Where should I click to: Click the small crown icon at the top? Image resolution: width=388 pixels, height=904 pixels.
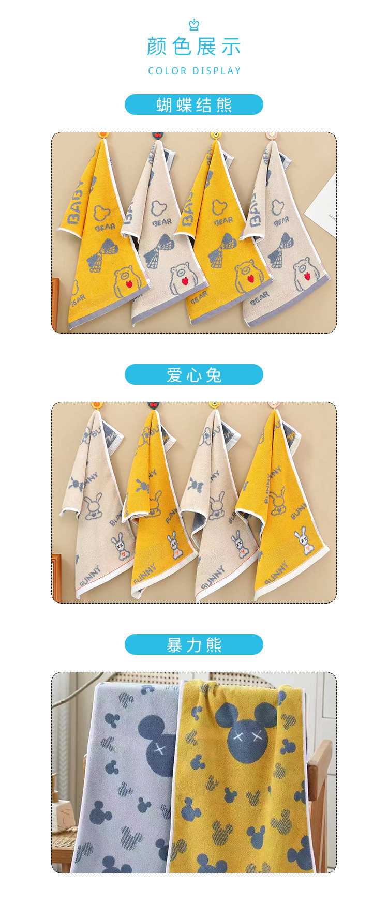(194, 24)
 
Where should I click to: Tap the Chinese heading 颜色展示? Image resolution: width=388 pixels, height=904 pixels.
(194, 47)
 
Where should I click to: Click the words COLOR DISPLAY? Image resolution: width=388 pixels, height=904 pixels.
(195, 71)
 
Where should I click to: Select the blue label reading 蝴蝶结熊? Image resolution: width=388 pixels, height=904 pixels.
(194, 105)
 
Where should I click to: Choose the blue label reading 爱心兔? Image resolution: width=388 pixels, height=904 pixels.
(194, 375)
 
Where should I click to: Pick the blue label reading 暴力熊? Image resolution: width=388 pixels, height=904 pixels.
(194, 645)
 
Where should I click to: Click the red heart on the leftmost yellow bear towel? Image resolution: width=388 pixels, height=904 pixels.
(129, 283)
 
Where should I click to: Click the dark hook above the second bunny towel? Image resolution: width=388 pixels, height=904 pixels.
(153, 405)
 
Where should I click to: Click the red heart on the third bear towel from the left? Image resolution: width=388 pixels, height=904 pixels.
(251, 278)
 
